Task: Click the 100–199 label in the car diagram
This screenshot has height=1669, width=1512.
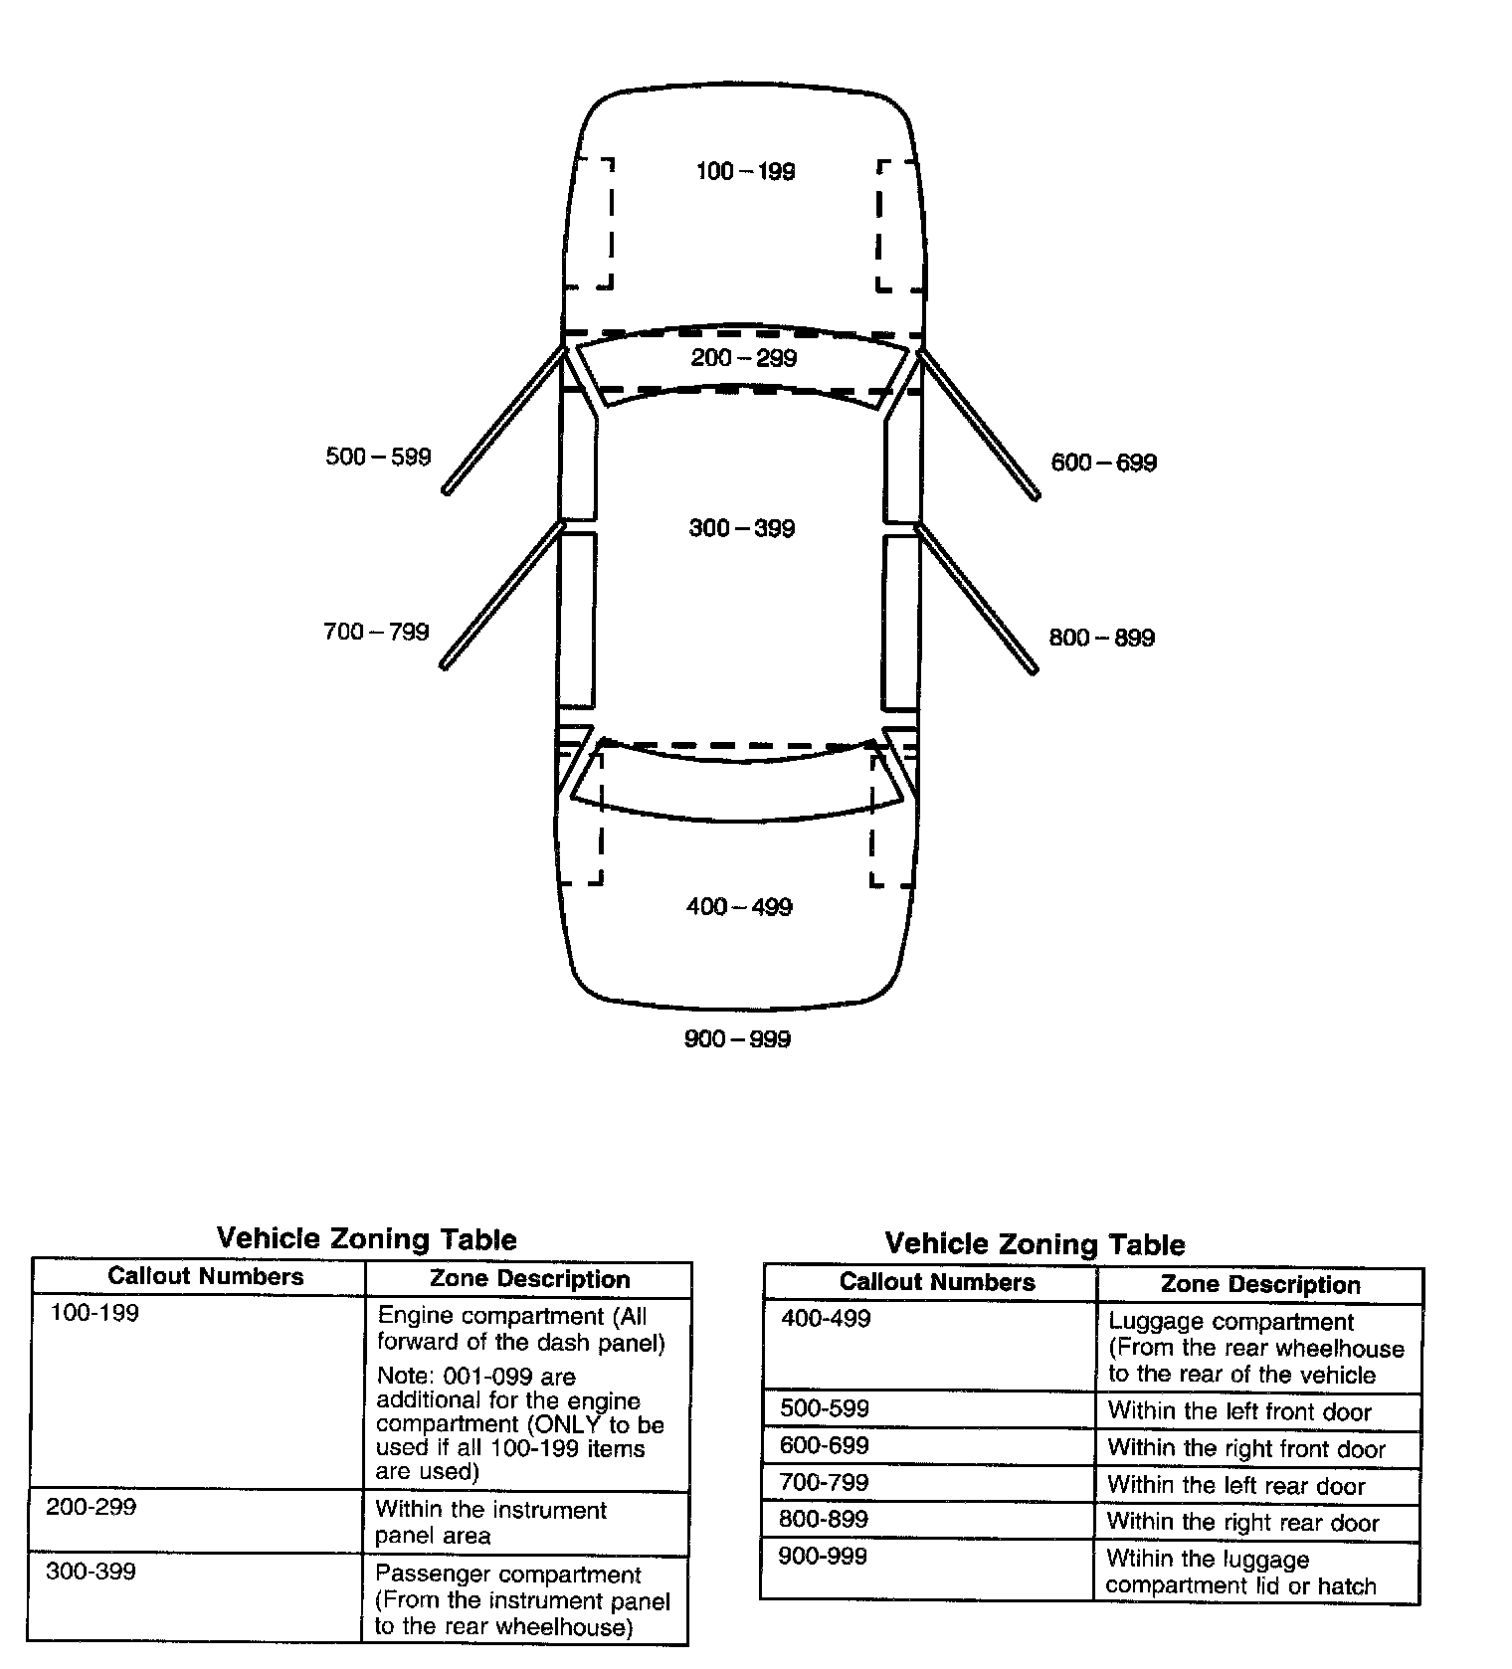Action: [x=745, y=172]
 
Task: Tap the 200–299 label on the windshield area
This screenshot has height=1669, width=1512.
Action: [x=743, y=358]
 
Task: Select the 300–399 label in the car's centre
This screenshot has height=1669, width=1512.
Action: [x=742, y=528]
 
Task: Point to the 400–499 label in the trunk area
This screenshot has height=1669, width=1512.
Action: [x=739, y=907]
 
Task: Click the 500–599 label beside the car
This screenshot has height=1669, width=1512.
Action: [x=378, y=458]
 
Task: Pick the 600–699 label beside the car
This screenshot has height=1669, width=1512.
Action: [x=1104, y=464]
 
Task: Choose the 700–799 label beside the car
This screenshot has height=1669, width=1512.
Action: [x=376, y=633]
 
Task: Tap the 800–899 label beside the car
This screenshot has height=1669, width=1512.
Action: [x=1102, y=639]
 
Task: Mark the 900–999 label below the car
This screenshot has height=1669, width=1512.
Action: [x=737, y=1039]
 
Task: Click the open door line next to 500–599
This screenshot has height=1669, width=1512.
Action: [x=503, y=420]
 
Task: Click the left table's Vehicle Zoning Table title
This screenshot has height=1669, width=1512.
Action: [x=366, y=1239]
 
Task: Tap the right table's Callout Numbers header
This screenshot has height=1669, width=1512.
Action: [x=937, y=1283]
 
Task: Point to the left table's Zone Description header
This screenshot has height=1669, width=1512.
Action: [x=529, y=1280]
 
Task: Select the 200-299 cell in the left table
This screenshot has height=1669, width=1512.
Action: [x=92, y=1508]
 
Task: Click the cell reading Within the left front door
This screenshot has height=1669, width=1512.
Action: [x=1239, y=1412]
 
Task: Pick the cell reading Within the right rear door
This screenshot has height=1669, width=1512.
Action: [x=1242, y=1524]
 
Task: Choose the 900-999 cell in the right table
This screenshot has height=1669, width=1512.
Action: [x=823, y=1557]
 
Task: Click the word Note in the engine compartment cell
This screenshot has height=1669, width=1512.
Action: [x=402, y=1378]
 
